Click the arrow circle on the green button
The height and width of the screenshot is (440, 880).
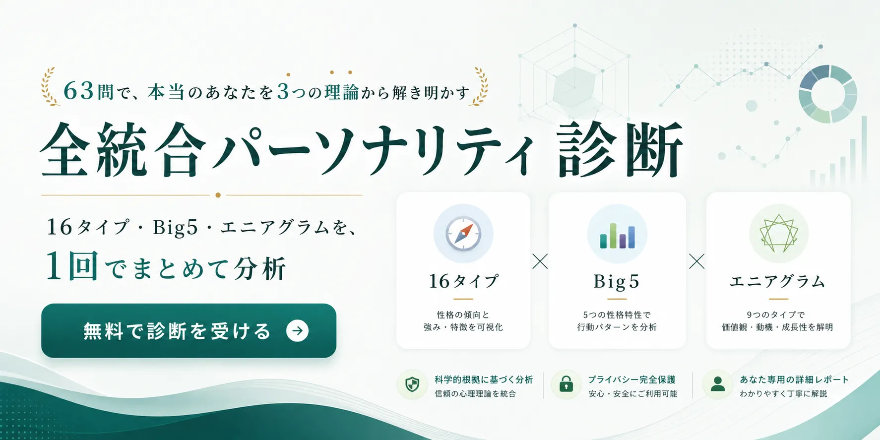(298, 331)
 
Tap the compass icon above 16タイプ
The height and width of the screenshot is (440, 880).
(463, 234)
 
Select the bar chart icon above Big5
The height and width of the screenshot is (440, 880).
(617, 236)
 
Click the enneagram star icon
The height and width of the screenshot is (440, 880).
(779, 234)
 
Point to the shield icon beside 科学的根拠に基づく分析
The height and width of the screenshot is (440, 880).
(412, 384)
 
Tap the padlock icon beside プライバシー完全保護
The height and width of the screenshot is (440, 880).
(566, 384)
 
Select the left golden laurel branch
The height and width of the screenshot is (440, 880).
(50, 87)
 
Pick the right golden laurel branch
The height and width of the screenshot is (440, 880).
(480, 87)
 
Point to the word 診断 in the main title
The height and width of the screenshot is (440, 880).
(620, 150)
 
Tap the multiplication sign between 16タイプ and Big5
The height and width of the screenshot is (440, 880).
(540, 261)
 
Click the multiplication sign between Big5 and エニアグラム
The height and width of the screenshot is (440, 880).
(696, 261)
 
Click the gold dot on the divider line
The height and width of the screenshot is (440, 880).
(218, 195)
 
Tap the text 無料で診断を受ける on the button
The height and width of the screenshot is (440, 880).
(177, 331)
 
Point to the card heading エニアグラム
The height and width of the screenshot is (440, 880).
(777, 282)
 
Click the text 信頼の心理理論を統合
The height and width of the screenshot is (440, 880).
(475, 394)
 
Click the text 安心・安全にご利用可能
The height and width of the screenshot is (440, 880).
(633, 394)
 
